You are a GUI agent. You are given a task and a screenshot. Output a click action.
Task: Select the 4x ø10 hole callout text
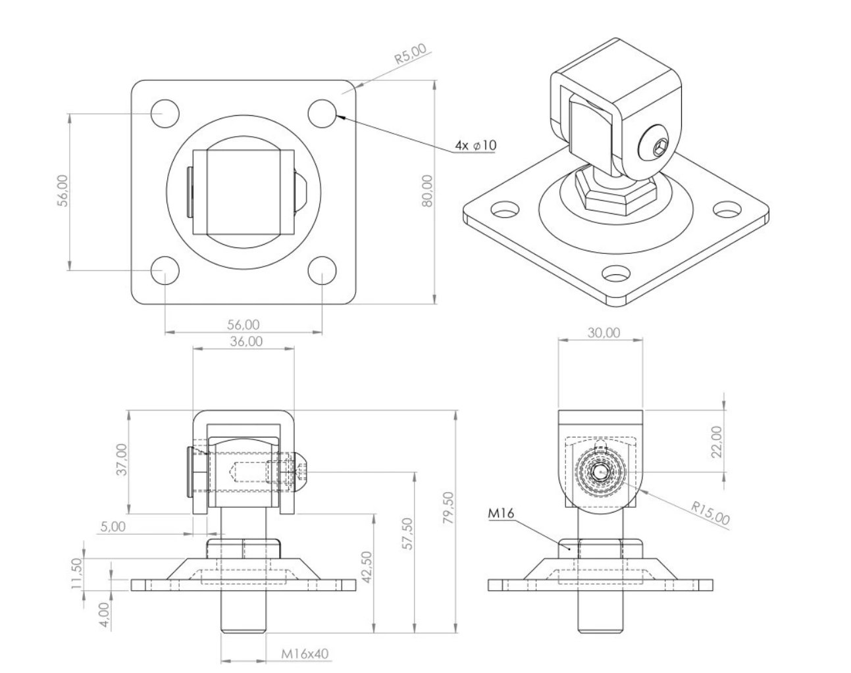[x=475, y=145]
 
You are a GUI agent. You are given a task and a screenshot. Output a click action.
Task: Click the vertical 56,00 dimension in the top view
[x=63, y=191]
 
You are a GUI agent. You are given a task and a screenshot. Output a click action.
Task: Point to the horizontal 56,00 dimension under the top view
[x=243, y=324]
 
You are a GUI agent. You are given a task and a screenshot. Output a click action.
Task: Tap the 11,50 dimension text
[x=77, y=573]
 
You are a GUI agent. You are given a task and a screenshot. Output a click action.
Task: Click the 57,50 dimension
[x=407, y=534]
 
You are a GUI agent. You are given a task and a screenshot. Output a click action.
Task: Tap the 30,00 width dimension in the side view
[x=603, y=332]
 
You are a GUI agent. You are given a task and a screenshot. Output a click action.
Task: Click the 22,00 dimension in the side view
[x=717, y=441]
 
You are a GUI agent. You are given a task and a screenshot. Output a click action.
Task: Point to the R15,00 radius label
[x=710, y=513]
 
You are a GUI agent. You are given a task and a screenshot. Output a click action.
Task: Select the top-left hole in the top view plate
[x=165, y=114]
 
